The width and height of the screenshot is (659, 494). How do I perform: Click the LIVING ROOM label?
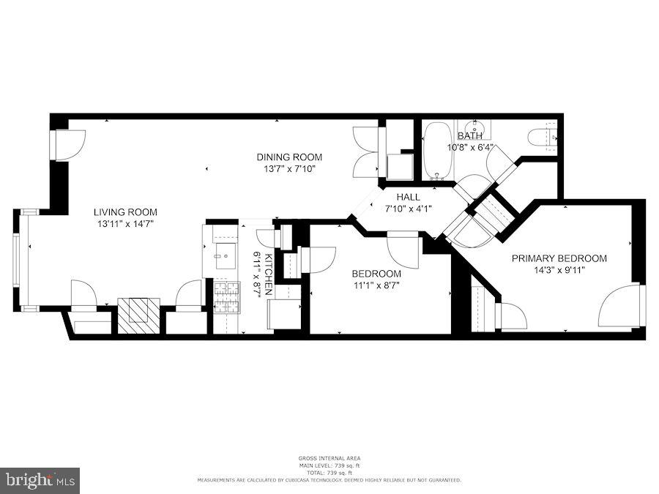click(x=124, y=212)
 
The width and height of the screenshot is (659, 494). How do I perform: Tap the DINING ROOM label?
click(x=289, y=157)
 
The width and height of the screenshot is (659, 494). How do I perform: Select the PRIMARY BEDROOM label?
click(x=559, y=258)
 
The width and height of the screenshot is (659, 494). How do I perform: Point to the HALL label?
click(x=409, y=198)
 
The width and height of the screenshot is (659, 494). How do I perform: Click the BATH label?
click(x=470, y=136)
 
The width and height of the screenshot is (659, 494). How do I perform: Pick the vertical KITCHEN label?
click(x=268, y=274)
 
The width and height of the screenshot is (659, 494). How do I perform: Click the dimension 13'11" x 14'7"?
click(x=124, y=223)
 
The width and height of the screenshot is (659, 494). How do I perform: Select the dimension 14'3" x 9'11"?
click(x=559, y=269)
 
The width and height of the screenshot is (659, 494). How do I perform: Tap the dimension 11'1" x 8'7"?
click(x=377, y=285)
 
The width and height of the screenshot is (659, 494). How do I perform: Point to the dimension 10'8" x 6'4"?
click(x=470, y=147)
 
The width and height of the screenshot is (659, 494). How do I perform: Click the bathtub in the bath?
click(x=438, y=151)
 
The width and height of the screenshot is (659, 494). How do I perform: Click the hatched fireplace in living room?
click(x=138, y=315)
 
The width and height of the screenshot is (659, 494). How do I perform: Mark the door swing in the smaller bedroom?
click(x=403, y=249)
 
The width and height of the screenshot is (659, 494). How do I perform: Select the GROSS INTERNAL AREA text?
click(x=329, y=458)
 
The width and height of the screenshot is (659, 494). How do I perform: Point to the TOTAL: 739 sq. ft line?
click(x=329, y=473)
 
